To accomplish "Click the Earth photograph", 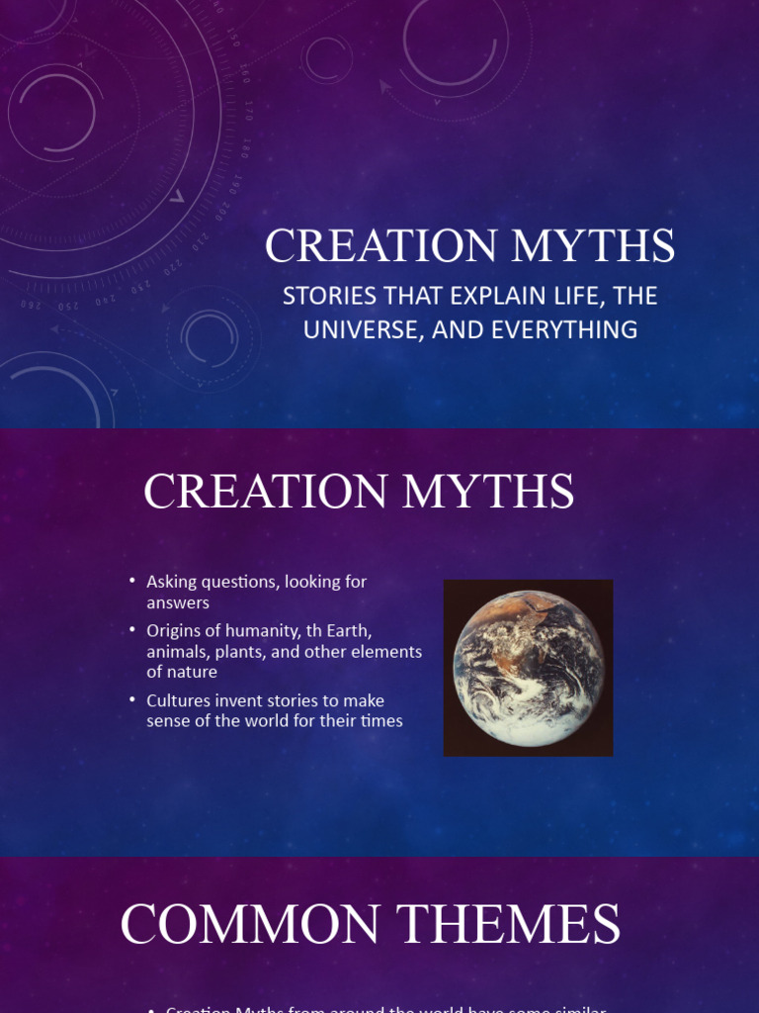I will coord(528,668).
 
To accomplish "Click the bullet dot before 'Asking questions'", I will coord(132,582).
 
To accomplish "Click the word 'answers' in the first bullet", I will coord(178,603).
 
